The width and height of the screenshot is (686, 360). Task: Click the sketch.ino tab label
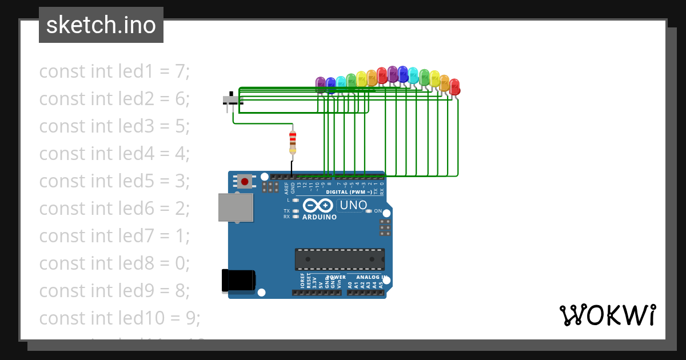click(x=101, y=25)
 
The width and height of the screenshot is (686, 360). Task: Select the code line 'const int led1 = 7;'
click(x=114, y=71)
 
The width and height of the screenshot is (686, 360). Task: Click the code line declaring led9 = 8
click(x=114, y=291)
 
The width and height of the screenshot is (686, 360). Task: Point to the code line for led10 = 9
click(x=119, y=318)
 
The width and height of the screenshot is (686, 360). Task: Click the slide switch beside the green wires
click(x=232, y=100)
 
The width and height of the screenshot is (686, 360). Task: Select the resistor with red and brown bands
click(x=293, y=142)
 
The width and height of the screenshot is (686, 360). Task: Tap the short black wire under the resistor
click(x=292, y=168)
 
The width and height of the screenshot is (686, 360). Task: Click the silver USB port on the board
click(x=235, y=207)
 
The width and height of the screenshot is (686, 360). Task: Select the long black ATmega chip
click(x=340, y=259)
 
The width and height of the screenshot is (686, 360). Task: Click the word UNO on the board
click(x=353, y=205)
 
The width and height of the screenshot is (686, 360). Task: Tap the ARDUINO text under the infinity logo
click(x=320, y=217)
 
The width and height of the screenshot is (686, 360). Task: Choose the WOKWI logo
click(x=607, y=315)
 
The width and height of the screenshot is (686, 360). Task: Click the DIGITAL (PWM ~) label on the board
click(x=349, y=193)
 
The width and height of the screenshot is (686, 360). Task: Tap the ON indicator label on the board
click(x=378, y=211)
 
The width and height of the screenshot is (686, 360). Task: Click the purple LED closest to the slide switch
click(x=320, y=84)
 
